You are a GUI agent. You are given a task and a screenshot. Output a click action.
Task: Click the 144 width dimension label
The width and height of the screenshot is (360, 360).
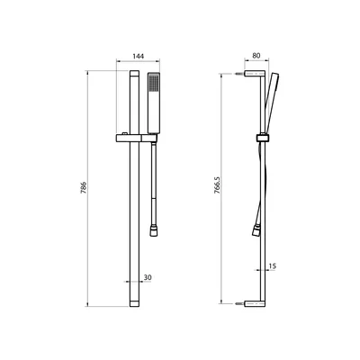tap(139, 56)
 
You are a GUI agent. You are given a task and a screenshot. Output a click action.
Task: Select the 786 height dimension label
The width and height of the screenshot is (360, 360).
tap(84, 187)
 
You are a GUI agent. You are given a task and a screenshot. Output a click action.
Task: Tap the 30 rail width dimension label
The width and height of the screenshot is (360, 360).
tap(148, 277)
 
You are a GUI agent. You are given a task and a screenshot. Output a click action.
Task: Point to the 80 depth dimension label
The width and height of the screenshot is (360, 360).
tap(256, 56)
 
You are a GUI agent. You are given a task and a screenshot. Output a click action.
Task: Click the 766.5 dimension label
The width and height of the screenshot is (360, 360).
tap(218, 184)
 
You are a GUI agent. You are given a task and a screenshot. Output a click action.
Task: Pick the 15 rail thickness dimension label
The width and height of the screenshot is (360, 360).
tap(273, 265)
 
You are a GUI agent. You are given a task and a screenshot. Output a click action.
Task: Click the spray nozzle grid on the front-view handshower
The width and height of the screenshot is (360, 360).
tap(154, 82)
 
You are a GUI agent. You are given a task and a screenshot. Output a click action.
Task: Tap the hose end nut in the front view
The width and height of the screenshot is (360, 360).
tap(153, 232)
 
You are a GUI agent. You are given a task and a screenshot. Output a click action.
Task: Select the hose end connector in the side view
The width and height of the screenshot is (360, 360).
tap(256, 231)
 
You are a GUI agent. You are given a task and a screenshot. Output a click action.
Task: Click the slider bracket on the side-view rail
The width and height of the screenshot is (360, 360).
tap(263, 138)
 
